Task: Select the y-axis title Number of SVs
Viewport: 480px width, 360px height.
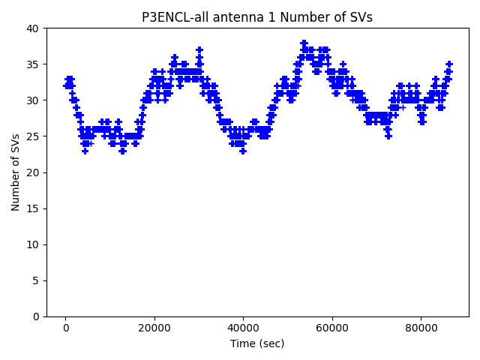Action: [16, 172]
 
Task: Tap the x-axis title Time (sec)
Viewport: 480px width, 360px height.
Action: [257, 343]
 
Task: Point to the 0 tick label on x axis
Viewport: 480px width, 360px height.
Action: [65, 328]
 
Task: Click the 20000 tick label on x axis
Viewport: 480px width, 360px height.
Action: [154, 328]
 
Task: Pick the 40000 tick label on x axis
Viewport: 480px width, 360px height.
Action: [243, 328]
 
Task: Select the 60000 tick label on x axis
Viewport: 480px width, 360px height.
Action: [331, 328]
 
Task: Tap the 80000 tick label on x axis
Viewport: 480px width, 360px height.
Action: [421, 328]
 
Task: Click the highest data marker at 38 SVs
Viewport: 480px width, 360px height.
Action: [304, 43]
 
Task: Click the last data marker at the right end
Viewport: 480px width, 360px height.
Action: [449, 64]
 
